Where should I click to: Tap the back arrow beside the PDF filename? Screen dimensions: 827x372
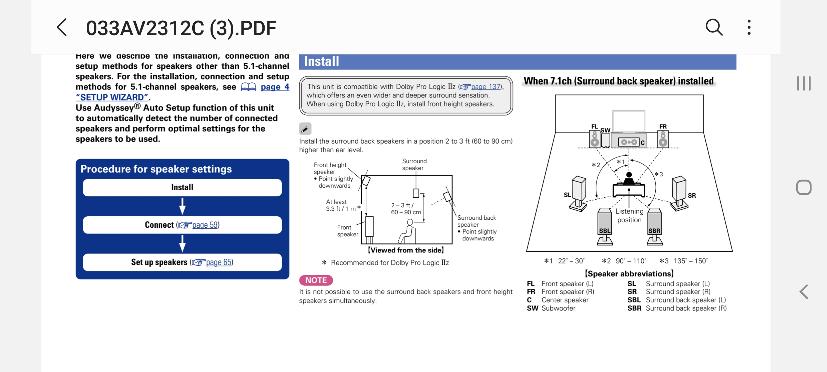[x=62, y=28]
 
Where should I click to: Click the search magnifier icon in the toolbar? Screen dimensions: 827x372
[x=714, y=27]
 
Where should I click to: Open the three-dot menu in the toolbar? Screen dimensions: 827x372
[x=749, y=27]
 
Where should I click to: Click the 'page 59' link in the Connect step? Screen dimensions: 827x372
[x=205, y=225]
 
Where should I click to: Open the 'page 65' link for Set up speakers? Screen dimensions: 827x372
[x=219, y=262]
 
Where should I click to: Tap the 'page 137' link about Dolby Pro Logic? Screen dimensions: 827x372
[x=486, y=86]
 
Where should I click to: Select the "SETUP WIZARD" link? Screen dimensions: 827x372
[x=112, y=97]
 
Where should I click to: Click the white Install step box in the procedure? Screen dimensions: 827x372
[x=182, y=187]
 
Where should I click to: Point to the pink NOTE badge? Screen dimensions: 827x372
[x=316, y=280]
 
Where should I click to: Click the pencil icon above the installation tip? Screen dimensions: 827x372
[x=305, y=129]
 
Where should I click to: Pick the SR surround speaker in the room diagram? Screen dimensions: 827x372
[x=679, y=193]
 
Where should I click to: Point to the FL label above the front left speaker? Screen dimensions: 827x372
[x=594, y=126]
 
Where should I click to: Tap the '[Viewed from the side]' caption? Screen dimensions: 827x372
[x=406, y=250]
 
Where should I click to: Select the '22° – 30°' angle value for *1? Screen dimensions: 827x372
[x=571, y=261]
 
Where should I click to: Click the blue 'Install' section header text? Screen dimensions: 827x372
[x=321, y=61]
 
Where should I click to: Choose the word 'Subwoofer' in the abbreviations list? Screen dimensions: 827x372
[x=558, y=308]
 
